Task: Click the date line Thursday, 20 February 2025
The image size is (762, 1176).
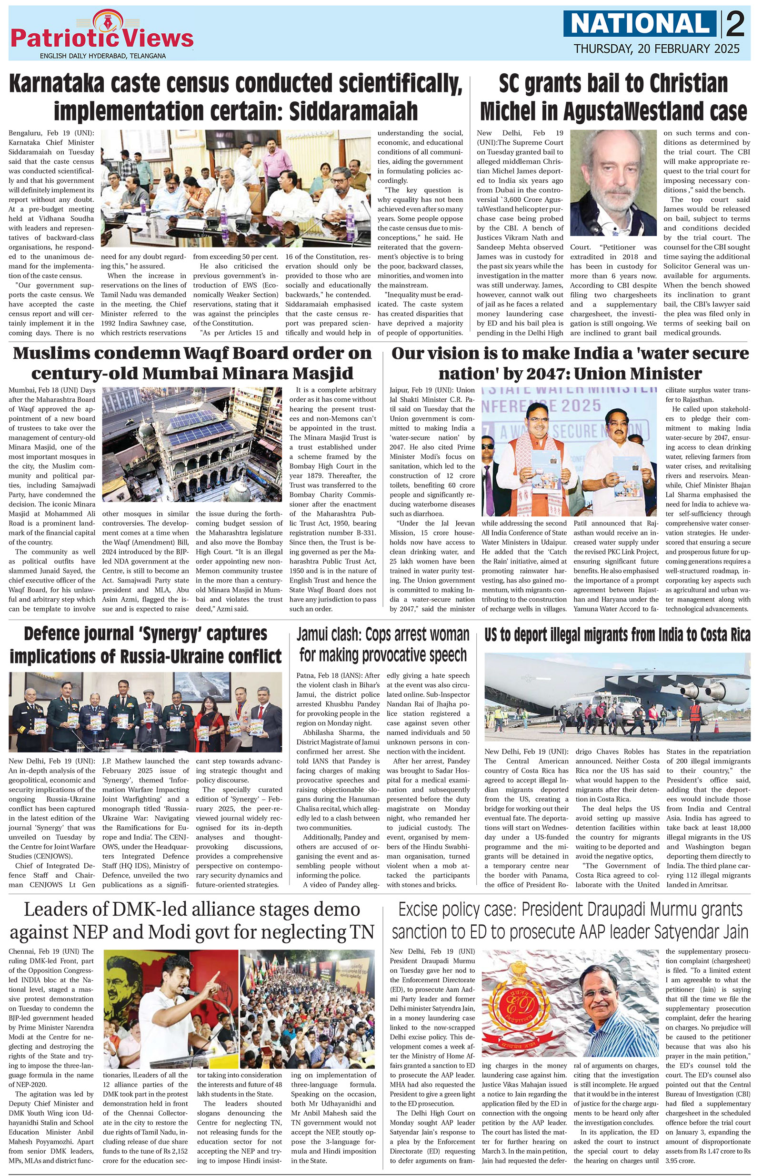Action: (x=657, y=49)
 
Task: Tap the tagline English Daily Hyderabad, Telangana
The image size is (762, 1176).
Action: (x=102, y=56)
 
